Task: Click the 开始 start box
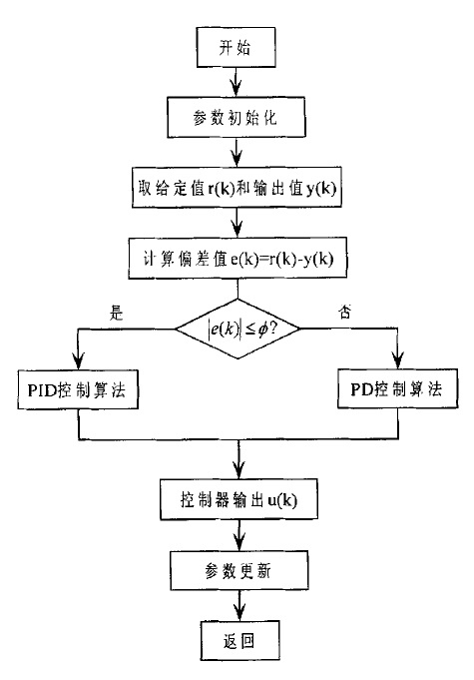tap(236, 47)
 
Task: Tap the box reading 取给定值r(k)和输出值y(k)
tap(236, 186)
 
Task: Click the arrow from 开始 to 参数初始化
tap(236, 80)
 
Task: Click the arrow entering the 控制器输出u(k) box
tap(236, 469)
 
